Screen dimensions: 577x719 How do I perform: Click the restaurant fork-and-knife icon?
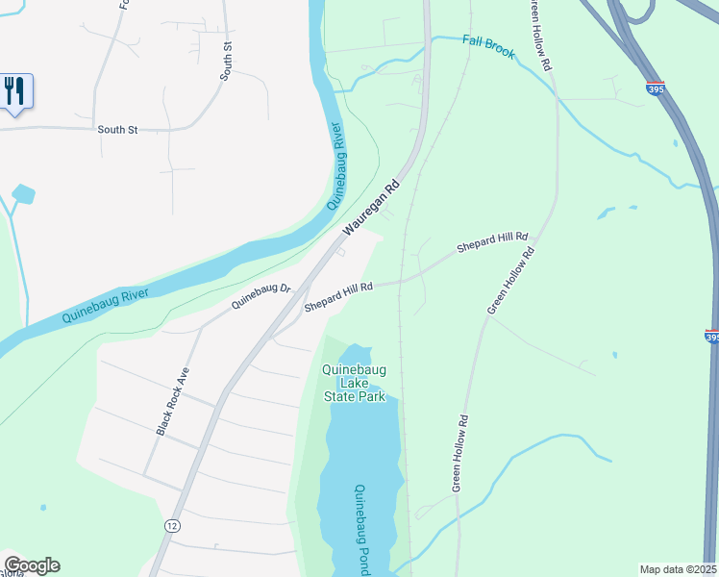pyautogui.click(x=13, y=91)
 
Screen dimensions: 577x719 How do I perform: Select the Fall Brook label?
pyautogui.click(x=487, y=46)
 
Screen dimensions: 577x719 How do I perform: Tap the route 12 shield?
pyautogui.click(x=172, y=525)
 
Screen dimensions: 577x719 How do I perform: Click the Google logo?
pyautogui.click(x=31, y=565)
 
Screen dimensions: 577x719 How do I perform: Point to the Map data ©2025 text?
pyautogui.click(x=679, y=569)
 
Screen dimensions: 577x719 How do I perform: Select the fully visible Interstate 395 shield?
pyautogui.click(x=655, y=88)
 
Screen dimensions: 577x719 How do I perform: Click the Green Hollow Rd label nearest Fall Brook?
pyautogui.click(x=537, y=35)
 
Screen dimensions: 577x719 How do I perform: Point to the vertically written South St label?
pyautogui.click(x=228, y=61)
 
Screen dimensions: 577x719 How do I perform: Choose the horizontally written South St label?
pyautogui.click(x=117, y=129)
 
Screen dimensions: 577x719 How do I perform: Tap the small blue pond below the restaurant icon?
pyautogui.click(x=23, y=195)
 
